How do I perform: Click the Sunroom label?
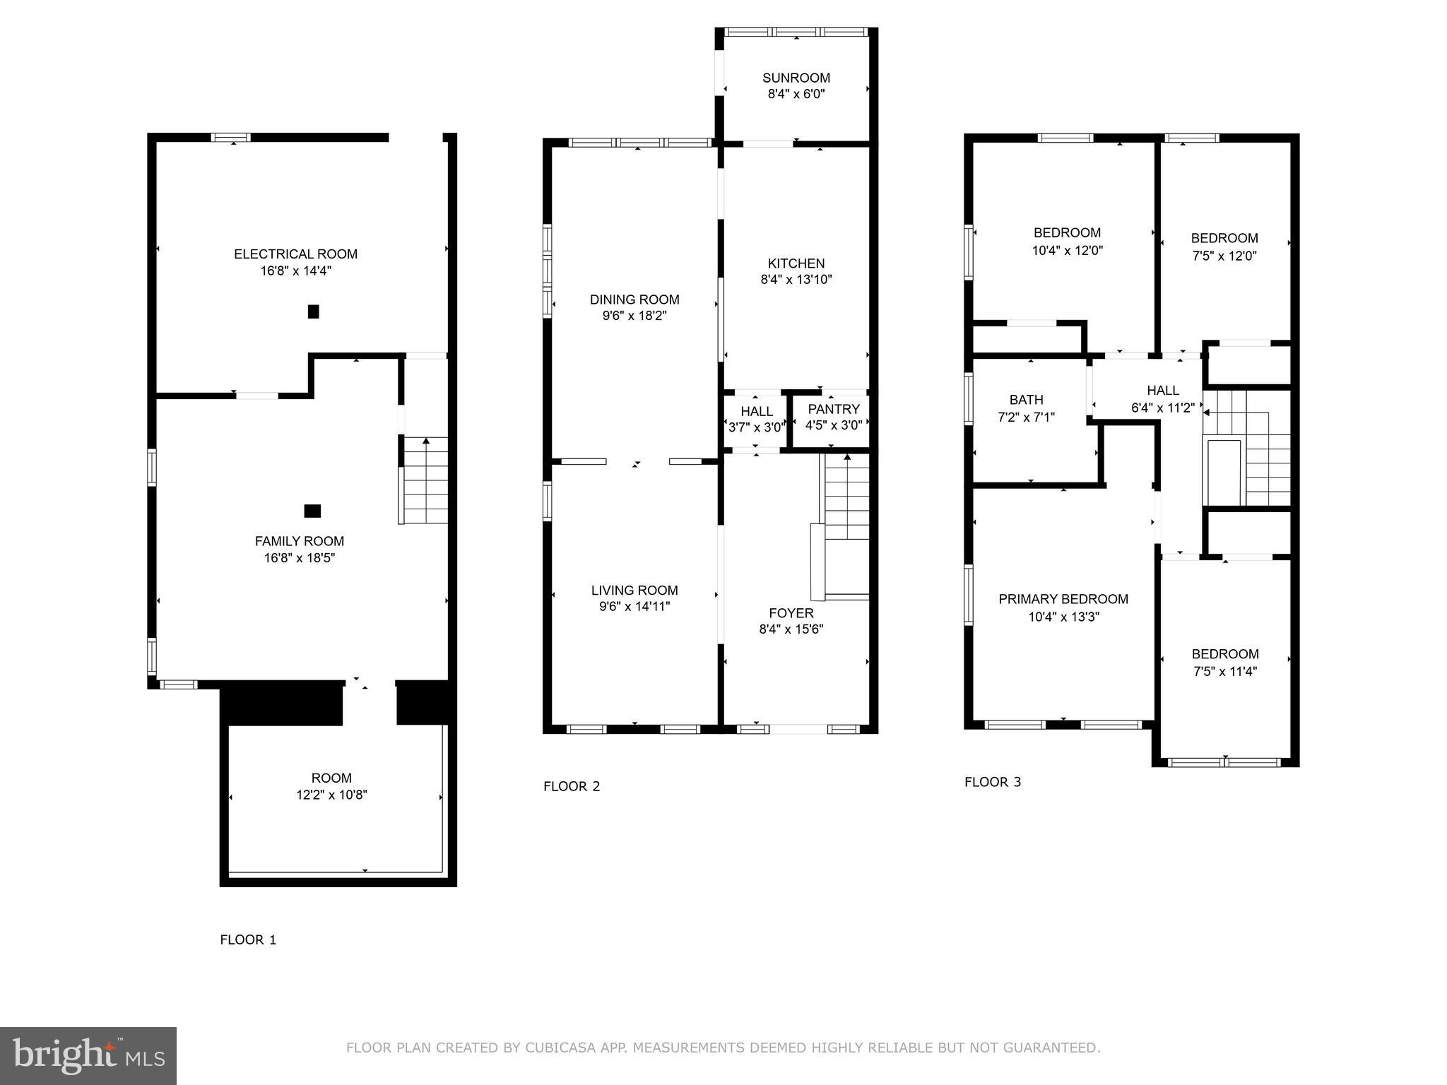coord(796,78)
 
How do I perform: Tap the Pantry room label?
coord(834,409)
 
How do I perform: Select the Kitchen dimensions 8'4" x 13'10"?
coord(796,280)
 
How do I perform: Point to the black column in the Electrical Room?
coord(314,312)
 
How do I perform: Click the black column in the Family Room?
coord(312,511)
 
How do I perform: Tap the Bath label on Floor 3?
coord(1026,400)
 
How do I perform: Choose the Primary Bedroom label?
coord(1063,599)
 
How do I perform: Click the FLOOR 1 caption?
coord(248,939)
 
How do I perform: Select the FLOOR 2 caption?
coord(572,786)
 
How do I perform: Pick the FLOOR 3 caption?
coord(993,782)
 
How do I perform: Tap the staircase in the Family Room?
coord(425,480)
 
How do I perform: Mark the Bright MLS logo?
coord(88,1056)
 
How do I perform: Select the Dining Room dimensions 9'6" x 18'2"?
coord(634,316)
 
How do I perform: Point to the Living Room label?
coord(634,591)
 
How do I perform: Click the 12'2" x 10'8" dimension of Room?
coord(331,795)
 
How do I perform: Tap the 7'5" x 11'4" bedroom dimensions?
coord(1225,672)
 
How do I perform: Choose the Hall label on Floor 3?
coord(1163,390)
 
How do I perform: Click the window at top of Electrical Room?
coord(232,138)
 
